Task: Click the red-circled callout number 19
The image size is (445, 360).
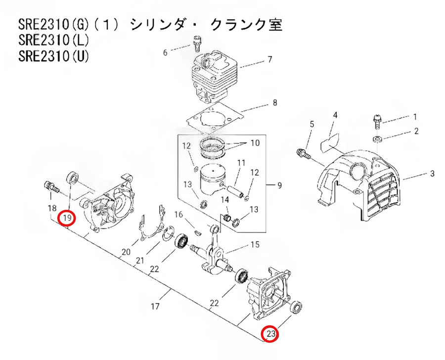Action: point(67,218)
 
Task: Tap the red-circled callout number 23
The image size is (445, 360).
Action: point(270,334)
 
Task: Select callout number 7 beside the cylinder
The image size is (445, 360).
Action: point(270,60)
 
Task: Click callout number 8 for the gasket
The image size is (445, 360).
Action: point(275,104)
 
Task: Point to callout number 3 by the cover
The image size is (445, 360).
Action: point(432,174)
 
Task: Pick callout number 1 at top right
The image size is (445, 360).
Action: point(415,117)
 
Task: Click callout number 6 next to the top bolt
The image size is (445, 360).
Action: point(166,51)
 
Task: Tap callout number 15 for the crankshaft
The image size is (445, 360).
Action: point(255,244)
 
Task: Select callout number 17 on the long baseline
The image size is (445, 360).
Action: point(155,306)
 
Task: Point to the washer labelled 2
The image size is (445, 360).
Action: point(377,137)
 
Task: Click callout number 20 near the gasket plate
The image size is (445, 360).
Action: point(126,252)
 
